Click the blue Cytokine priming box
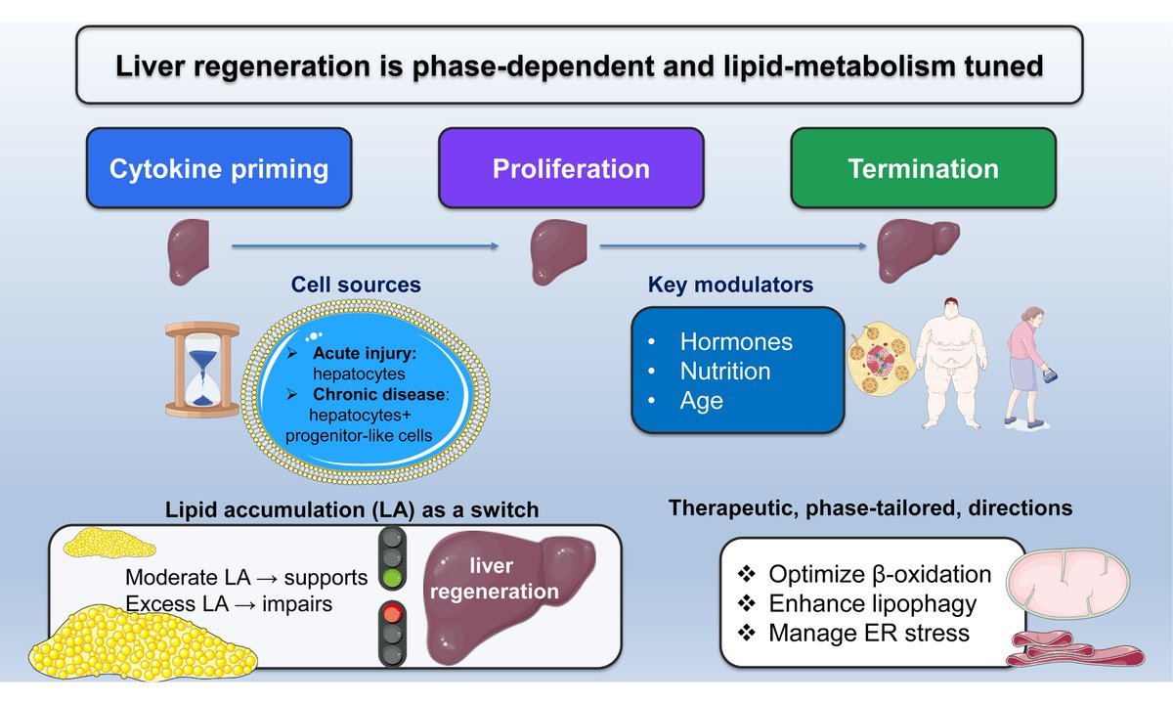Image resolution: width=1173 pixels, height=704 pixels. [218, 168]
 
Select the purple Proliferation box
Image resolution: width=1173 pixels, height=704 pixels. [571, 168]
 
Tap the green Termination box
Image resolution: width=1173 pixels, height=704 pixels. [923, 168]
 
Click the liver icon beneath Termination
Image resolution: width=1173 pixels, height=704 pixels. [914, 248]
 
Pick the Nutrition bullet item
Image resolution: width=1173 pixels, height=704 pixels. [725, 372]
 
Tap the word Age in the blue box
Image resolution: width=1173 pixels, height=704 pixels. [701, 401]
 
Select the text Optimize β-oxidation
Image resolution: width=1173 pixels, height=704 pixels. [879, 574]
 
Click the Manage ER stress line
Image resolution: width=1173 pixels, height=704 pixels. [868, 633]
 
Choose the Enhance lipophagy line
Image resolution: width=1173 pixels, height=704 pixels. [872, 603]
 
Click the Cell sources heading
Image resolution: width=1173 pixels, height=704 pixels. [356, 286]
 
